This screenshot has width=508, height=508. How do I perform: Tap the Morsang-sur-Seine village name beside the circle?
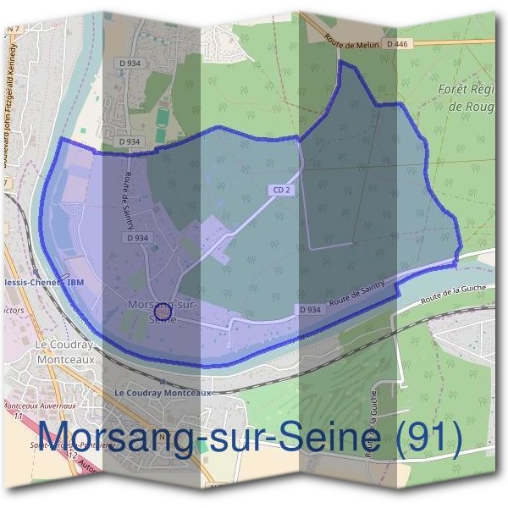(x=161, y=305)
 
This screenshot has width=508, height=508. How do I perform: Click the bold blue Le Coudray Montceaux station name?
(x=162, y=394)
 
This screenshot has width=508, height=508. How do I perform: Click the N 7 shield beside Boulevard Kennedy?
(x=12, y=30)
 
